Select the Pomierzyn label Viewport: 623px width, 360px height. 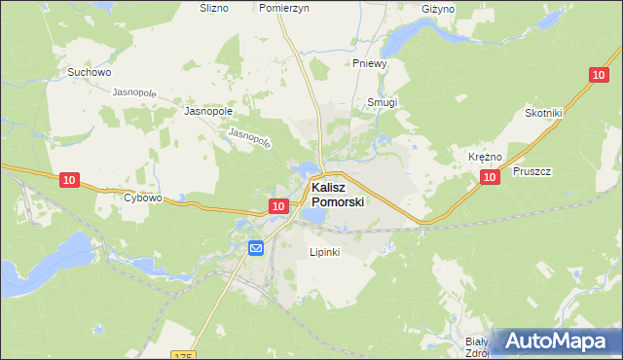[x=284, y=7]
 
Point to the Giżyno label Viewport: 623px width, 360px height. [x=438, y=9]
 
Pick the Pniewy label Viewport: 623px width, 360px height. [x=370, y=64]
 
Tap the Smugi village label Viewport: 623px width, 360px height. [x=383, y=102]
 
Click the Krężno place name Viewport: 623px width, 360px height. [x=485, y=157]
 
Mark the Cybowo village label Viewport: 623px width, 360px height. [x=142, y=198]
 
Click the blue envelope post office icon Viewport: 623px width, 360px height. [x=255, y=248]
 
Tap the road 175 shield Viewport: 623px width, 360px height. [x=183, y=356]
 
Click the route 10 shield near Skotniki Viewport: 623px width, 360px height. [x=598, y=74]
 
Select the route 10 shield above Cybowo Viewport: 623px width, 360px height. [x=68, y=180]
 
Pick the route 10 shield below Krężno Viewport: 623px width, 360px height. [x=490, y=176]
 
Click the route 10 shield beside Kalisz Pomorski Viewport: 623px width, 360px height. [x=278, y=205]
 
